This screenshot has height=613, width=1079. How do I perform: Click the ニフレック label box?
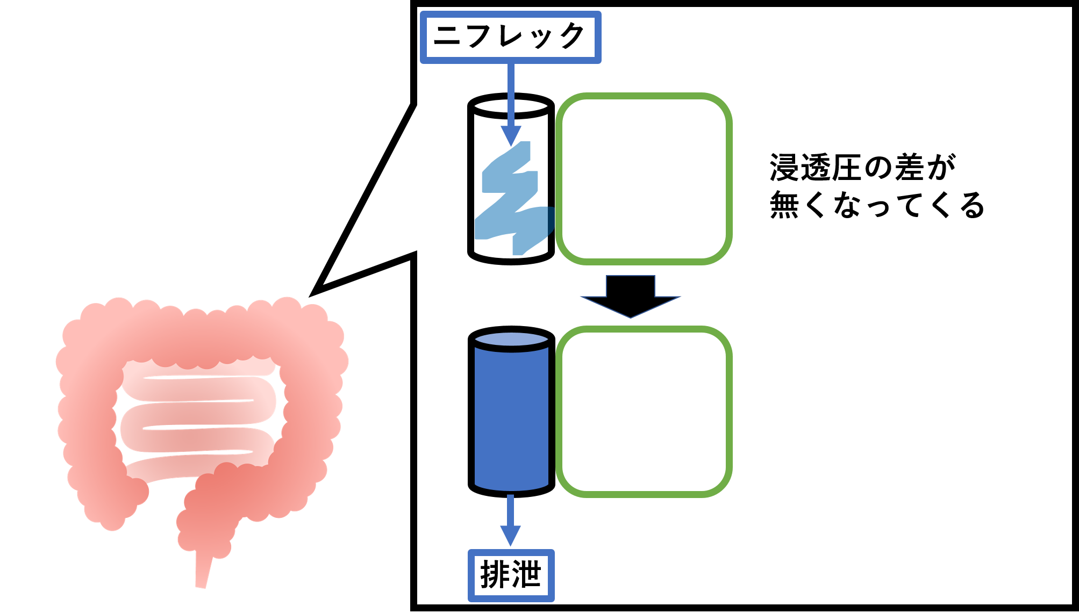(510, 37)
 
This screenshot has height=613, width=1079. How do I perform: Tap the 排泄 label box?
(511, 575)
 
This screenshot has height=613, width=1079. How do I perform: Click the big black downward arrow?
(630, 298)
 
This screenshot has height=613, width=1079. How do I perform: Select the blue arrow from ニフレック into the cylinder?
(511, 102)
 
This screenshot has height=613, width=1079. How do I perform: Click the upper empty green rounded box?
(644, 179)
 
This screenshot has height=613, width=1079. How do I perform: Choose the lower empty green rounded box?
(644, 412)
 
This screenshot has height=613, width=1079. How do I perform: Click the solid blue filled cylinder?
(511, 419)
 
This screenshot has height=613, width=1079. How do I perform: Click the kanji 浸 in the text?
(784, 168)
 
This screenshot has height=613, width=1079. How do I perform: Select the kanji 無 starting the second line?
(784, 205)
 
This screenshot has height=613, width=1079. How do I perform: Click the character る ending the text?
(972, 205)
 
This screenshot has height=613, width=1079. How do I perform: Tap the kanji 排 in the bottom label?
(495, 575)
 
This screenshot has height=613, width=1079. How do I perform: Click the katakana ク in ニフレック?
(573, 36)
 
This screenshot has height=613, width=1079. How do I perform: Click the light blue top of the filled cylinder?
(511, 339)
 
